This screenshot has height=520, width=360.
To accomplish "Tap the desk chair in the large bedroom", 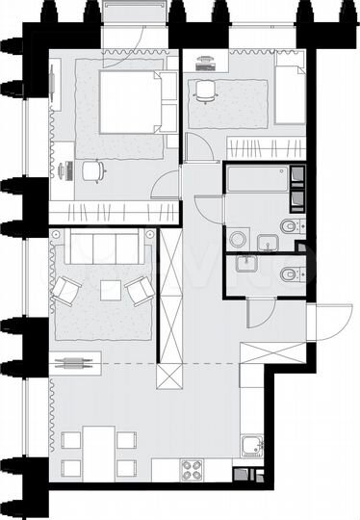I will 93,170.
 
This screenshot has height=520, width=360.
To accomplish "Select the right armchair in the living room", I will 139,288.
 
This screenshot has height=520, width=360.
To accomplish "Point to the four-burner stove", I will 193,471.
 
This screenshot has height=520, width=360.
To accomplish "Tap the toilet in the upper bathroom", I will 290,227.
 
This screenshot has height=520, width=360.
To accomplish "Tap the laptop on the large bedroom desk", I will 66,169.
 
